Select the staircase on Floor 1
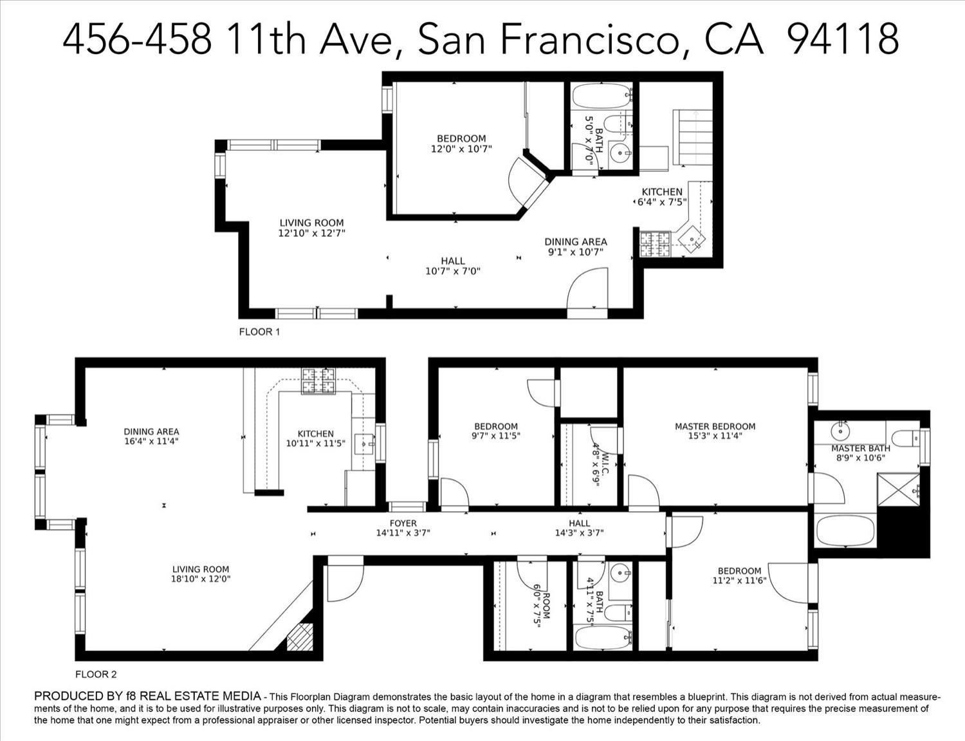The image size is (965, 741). point(693,136)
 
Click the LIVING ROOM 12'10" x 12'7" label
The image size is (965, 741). point(311,229)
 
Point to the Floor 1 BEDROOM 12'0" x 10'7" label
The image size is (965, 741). point(461,144)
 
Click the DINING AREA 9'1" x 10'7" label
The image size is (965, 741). point(576,247)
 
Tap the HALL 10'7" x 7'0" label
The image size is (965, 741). point(453,266)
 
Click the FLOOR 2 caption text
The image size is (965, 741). point(96,675)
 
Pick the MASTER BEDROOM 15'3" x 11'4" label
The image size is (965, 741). point(715,431)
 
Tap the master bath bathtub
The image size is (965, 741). point(845,531)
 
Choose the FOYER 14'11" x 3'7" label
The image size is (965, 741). point(403,528)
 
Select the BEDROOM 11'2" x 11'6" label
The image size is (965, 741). point(739,576)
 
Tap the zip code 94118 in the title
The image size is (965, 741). point(843,39)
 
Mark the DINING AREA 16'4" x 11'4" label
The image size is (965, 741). point(151,436)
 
